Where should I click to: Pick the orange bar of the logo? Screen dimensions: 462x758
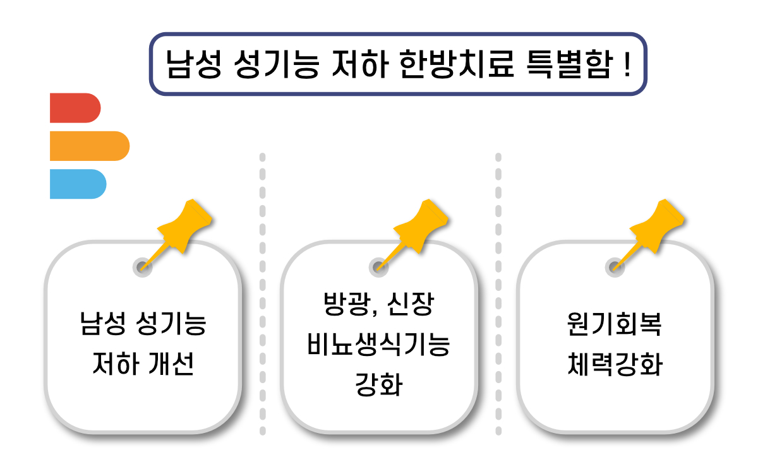pyautogui.click(x=89, y=146)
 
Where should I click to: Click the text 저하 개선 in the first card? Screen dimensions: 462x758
pyautogui.click(x=142, y=364)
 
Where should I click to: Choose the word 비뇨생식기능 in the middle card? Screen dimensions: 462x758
pyautogui.click(x=378, y=345)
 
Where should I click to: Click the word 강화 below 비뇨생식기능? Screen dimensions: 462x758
pyautogui.click(x=378, y=384)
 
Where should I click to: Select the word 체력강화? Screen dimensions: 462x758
pyautogui.click(x=614, y=364)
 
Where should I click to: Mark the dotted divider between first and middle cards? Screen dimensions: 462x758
pyautogui.click(x=262, y=293)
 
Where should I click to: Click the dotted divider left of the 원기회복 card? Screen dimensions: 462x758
pyautogui.click(x=498, y=293)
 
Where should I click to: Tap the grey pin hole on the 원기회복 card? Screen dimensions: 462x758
pyautogui.click(x=614, y=266)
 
